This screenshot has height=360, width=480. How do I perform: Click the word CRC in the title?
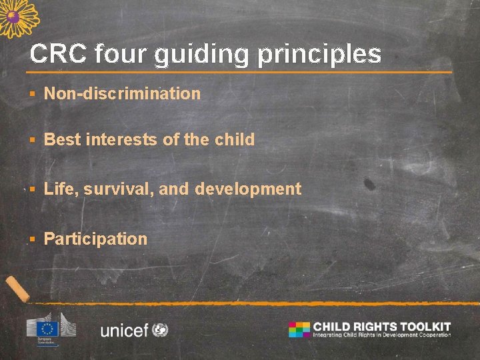pos(58,54)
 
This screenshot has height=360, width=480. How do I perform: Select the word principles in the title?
pos(319,55)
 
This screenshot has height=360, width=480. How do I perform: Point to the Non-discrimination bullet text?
pos(122,93)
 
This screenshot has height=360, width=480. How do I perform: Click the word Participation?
pos(95,239)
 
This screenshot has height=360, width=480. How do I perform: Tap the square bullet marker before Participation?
pos(32,239)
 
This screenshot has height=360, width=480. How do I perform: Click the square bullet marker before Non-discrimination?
pos(32,94)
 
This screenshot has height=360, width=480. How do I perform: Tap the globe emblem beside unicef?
pos(160,329)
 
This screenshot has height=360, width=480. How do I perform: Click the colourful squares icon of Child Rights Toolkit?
pos(299,329)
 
